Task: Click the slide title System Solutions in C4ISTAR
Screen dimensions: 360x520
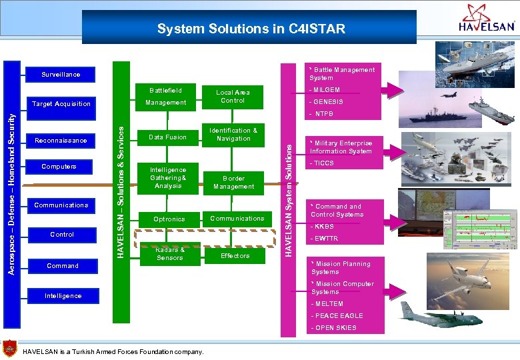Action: click(251, 29)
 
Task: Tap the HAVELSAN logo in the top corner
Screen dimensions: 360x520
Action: click(487, 19)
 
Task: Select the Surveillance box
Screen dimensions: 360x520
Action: click(61, 75)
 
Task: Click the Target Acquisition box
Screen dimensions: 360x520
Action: click(61, 104)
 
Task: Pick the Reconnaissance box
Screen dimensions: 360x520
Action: click(61, 141)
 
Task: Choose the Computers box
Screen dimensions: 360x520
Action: click(59, 167)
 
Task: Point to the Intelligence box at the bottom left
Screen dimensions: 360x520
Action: click(63, 296)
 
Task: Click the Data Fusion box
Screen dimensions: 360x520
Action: click(167, 137)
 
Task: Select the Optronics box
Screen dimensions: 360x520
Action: click(169, 219)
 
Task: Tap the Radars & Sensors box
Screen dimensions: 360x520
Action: click(169, 254)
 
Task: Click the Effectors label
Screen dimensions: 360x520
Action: click(235, 256)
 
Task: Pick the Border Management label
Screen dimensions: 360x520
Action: click(234, 183)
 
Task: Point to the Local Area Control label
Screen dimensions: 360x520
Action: click(233, 97)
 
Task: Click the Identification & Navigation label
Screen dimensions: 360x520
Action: click(233, 135)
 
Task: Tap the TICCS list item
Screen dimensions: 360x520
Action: click(324, 163)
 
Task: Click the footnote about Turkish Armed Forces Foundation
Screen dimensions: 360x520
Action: click(113, 351)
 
